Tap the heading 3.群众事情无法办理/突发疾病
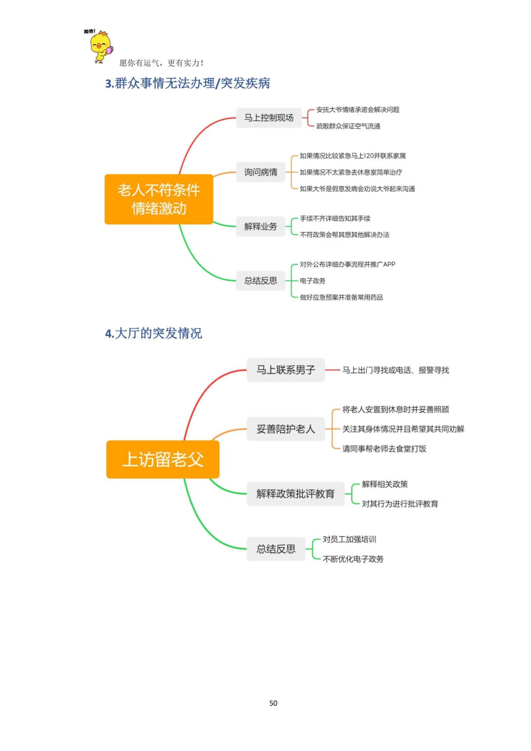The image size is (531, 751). coord(187,83)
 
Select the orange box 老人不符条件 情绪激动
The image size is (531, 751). coord(159,199)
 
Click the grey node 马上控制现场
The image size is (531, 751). coord(269,118)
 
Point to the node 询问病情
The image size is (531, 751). coord(261,172)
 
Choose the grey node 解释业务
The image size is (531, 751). coord(261,226)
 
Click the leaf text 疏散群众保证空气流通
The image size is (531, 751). coord(348,126)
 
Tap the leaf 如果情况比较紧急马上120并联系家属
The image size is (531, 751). coord(353,156)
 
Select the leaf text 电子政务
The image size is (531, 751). coord(312,281)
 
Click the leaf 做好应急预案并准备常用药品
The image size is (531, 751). coord(341,297)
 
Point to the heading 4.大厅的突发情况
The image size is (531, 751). coord(154,333)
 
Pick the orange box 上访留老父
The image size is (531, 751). coord(163,459)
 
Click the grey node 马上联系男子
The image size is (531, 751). coord(286,370)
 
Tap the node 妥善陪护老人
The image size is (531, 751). coord(286,429)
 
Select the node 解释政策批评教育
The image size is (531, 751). coord(296,494)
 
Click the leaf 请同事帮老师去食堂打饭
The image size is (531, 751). coord(384,449)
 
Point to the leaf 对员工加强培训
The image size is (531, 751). coord(349,539)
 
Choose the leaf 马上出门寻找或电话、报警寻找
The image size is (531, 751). coord(395,370)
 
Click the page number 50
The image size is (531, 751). coord(273,703)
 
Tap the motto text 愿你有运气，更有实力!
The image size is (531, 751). coord(161,63)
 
